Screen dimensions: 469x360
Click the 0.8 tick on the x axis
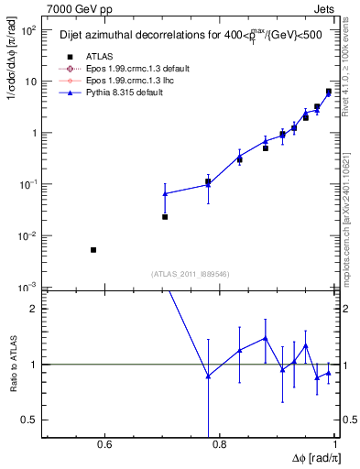pos(219,446)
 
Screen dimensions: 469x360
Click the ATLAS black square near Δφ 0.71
pos(165,217)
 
